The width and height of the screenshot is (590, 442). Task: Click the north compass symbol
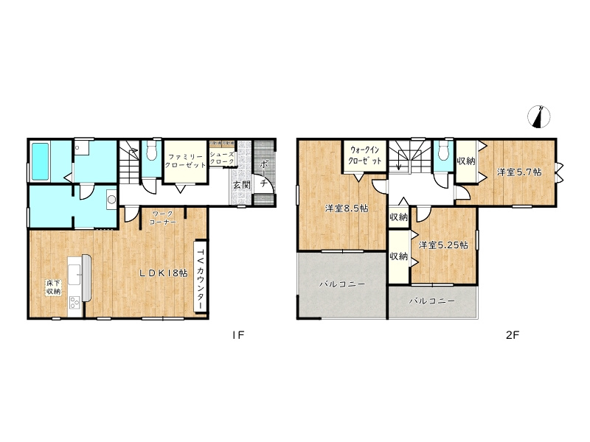click(539, 117)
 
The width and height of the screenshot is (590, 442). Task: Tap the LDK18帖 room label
click(164, 273)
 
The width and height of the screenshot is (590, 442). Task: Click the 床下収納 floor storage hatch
click(53, 287)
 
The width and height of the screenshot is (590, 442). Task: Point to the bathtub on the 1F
click(40, 161)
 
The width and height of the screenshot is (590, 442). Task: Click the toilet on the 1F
click(152, 151)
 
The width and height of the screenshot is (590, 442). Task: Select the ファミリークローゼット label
click(186, 161)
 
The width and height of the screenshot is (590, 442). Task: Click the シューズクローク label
click(222, 158)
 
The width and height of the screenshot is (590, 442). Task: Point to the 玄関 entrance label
click(242, 185)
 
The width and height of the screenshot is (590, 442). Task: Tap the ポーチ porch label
click(263, 173)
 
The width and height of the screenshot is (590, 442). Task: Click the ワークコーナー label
click(162, 218)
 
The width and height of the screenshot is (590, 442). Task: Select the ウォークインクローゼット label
click(365, 155)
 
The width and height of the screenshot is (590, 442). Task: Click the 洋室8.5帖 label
click(347, 208)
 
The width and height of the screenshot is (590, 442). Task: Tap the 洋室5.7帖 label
click(519, 172)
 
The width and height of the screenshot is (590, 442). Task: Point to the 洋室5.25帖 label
click(444, 245)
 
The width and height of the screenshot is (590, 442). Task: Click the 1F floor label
click(238, 334)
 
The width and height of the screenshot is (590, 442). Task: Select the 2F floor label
click(513, 334)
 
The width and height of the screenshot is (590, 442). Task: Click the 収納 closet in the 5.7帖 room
click(466, 161)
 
